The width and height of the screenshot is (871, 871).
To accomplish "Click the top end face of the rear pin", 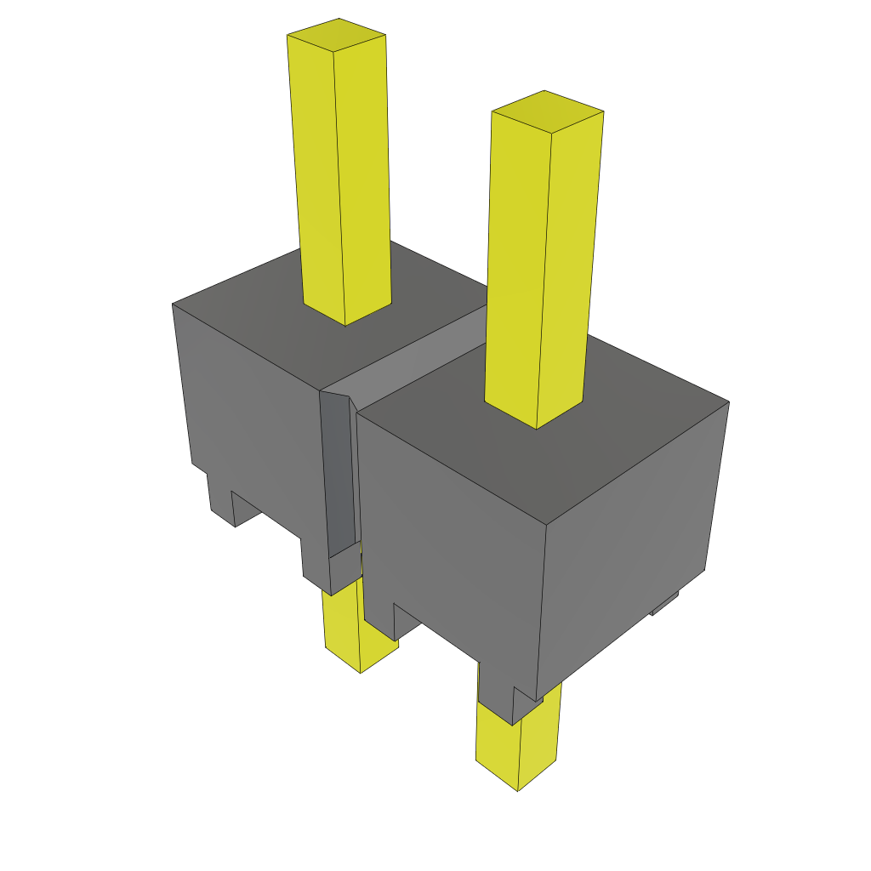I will (337, 35).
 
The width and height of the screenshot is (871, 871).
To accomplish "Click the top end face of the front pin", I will (548, 111).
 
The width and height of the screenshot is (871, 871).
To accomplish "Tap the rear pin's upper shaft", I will (340, 170).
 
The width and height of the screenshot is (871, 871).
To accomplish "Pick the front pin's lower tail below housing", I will (510, 749).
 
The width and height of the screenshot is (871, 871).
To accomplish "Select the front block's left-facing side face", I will (451, 536).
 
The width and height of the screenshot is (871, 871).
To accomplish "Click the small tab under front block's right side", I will (664, 605).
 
